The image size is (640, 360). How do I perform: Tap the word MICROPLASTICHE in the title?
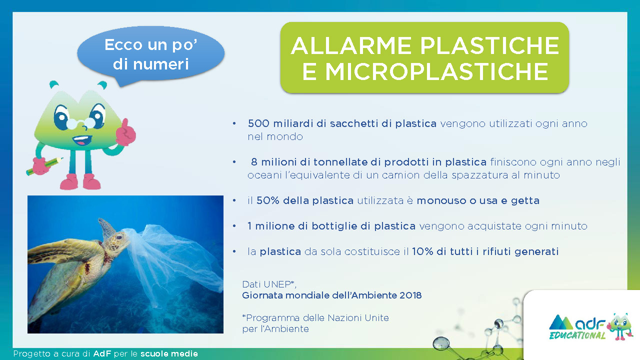pyautogui.click(x=436, y=71)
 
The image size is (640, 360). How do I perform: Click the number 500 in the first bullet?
pyautogui.click(x=258, y=123)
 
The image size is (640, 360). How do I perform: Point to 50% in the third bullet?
pyautogui.click(x=267, y=200)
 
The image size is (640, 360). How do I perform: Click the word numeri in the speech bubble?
pyautogui.click(x=161, y=64)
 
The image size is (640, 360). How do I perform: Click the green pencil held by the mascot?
pyautogui.click(x=44, y=166)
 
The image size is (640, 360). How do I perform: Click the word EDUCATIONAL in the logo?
pyautogui.click(x=577, y=335)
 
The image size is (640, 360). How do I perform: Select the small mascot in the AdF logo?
pyautogui.click(x=620, y=326)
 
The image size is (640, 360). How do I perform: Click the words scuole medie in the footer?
pyautogui.click(x=169, y=353)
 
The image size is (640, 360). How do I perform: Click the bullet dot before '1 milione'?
pyautogui.click(x=234, y=226)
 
